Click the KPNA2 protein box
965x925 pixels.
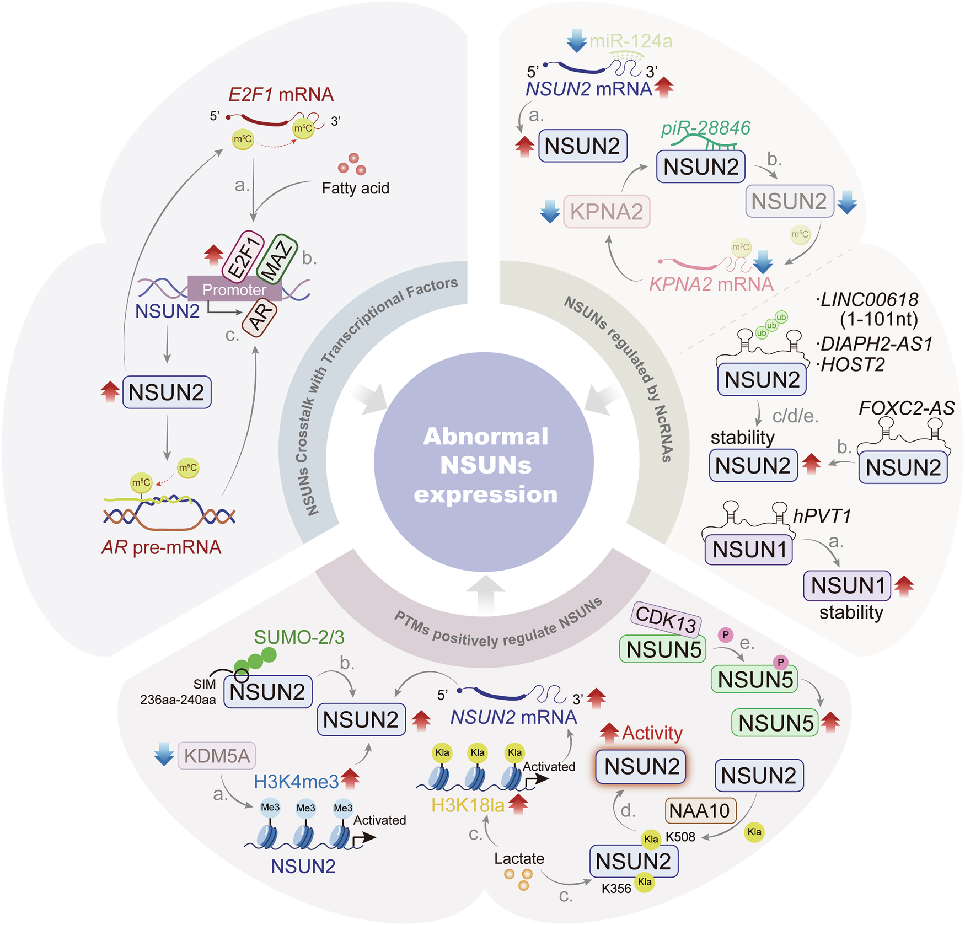click(x=607, y=212)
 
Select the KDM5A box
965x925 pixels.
click(x=217, y=756)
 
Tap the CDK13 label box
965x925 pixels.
click(x=666, y=619)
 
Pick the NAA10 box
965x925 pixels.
click(x=700, y=810)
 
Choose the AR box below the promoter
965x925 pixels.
click(x=260, y=317)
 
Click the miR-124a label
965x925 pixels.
click(x=631, y=41)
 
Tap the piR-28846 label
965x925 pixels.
click(x=706, y=128)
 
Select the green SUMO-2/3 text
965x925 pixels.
click(x=299, y=637)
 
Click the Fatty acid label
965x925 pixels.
click(x=355, y=189)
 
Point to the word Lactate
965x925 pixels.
click(x=519, y=858)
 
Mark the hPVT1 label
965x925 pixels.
click(x=822, y=517)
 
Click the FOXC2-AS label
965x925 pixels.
click(x=907, y=408)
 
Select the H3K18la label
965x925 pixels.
click(x=468, y=805)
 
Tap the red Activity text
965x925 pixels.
click(x=652, y=733)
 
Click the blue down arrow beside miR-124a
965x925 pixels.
click(x=576, y=41)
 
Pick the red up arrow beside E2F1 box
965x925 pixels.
click(x=213, y=256)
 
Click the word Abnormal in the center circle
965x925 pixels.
click(x=485, y=436)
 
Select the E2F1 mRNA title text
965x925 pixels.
click(x=281, y=95)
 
